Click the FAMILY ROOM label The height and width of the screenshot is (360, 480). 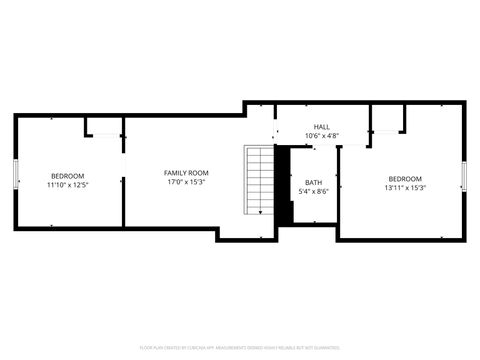(186, 173)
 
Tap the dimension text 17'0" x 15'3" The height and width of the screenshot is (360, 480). (186, 183)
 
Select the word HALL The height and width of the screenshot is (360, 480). (321, 127)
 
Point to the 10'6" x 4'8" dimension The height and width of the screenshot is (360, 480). (321, 136)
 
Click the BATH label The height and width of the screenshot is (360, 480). (314, 182)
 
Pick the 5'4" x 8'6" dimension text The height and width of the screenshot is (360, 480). (314, 191)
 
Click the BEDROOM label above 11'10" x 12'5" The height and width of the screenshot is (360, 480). (68, 176)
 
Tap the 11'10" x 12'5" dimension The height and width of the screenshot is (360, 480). (68, 185)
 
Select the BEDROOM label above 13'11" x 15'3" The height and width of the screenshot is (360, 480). (405, 178)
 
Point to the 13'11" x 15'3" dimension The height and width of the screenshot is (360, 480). (405, 187)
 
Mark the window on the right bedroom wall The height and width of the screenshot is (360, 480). (465, 176)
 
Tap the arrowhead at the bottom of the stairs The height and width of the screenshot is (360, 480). (260, 212)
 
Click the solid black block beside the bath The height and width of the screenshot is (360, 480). (283, 185)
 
